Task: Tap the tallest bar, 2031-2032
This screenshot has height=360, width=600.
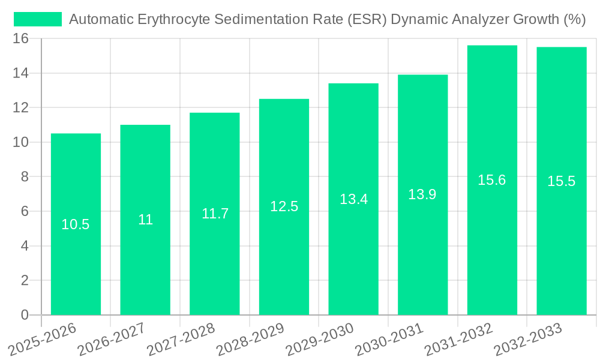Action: pos(492,240)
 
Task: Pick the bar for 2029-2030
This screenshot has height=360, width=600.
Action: pos(353,252)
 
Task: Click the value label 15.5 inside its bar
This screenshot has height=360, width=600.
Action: pos(561,181)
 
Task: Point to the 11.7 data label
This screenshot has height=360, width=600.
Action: pos(215,214)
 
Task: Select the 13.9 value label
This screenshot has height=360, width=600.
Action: pos(422,194)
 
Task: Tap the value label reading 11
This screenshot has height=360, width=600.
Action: pos(145,220)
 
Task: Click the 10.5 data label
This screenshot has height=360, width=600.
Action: pos(76,224)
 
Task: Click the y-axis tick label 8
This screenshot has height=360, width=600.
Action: pos(25,177)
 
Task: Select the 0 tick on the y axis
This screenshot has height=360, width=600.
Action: pos(25,315)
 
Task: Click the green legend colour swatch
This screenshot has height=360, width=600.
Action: pos(38,19)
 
